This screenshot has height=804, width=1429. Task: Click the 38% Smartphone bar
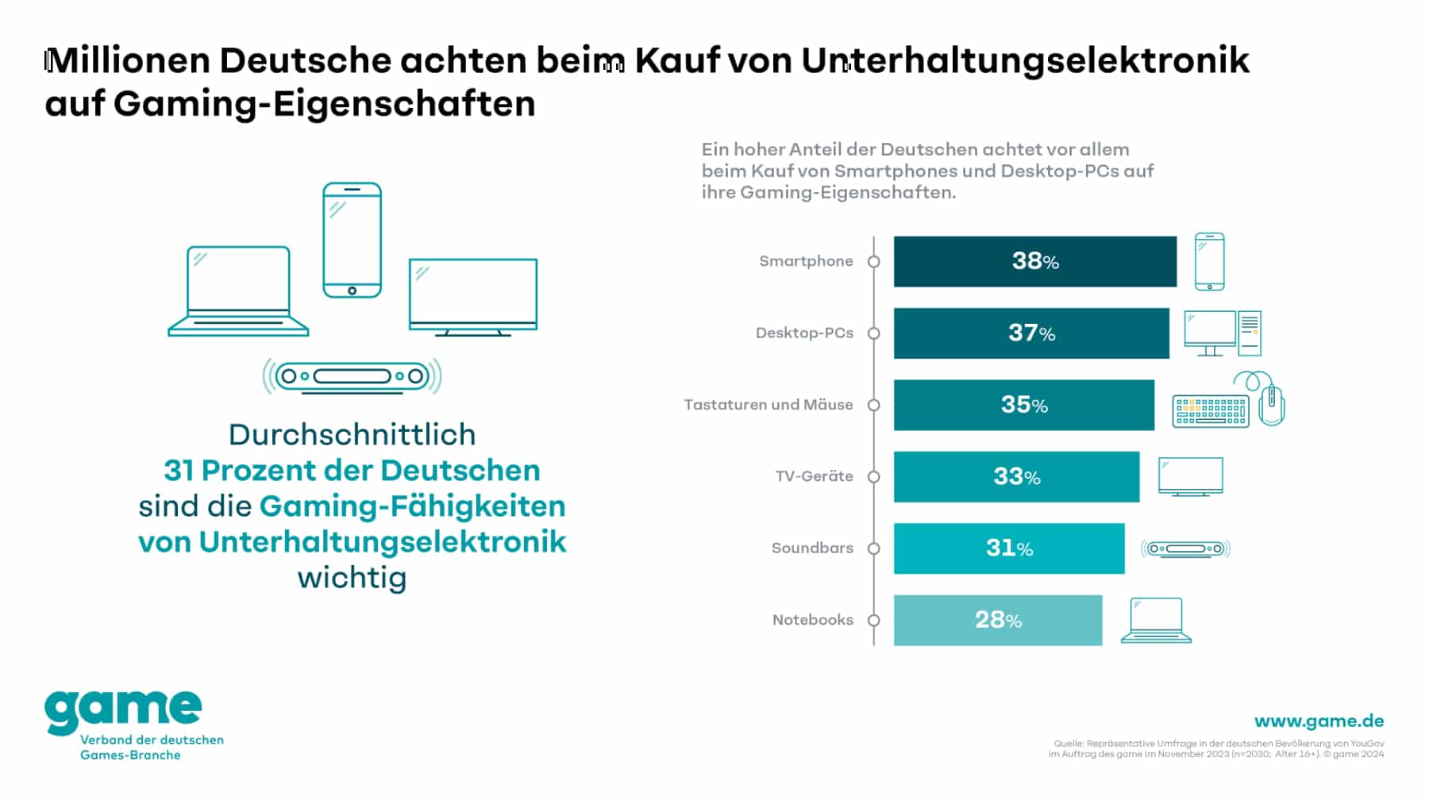pyautogui.click(x=1034, y=261)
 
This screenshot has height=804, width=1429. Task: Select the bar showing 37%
pyautogui.click(x=1031, y=333)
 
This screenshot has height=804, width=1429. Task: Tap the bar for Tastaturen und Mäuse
pyautogui.click(x=1023, y=405)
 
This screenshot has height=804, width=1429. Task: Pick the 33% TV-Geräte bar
pyautogui.click(x=1016, y=477)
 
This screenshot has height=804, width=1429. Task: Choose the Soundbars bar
pyautogui.click(x=1008, y=548)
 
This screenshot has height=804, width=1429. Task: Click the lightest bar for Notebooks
pyautogui.click(x=997, y=620)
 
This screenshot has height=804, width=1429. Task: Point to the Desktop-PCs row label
pyautogui.click(x=804, y=333)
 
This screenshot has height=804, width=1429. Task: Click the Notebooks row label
pyautogui.click(x=812, y=620)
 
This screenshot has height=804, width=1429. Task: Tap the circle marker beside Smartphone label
pyautogui.click(x=874, y=262)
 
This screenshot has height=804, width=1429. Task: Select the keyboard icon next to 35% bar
pyautogui.click(x=1210, y=411)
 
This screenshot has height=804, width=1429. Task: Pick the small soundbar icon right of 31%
pyautogui.click(x=1185, y=548)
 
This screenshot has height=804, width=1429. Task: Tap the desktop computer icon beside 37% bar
pyautogui.click(x=1222, y=333)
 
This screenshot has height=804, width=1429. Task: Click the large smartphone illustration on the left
pyautogui.click(x=352, y=240)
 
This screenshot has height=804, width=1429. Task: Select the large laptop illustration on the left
pyautogui.click(x=238, y=291)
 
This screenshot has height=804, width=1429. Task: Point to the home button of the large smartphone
pyautogui.click(x=352, y=290)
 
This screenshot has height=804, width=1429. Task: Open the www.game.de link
pyautogui.click(x=1319, y=721)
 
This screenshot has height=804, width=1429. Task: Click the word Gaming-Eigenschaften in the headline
pyautogui.click(x=324, y=104)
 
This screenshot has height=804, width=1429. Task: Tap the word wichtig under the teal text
pyautogui.click(x=352, y=578)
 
